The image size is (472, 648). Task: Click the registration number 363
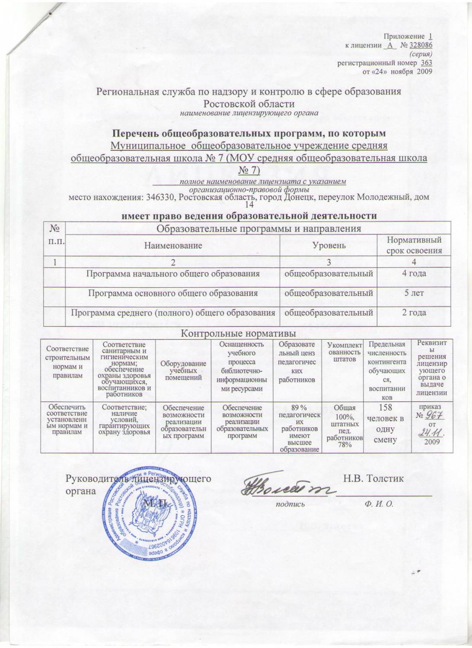pyautogui.click(x=427, y=64)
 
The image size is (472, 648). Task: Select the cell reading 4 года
pyautogui.click(x=414, y=273)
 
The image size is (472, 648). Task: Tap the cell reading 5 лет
pyautogui.click(x=414, y=293)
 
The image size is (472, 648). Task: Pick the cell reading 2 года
pyautogui.click(x=414, y=312)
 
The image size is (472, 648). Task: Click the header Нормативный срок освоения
pyautogui.click(x=414, y=245)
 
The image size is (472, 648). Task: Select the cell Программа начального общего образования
pyautogui.click(x=173, y=273)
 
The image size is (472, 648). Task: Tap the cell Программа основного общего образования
pyautogui.click(x=173, y=293)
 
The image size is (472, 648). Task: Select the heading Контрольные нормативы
pyautogui.click(x=238, y=333)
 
